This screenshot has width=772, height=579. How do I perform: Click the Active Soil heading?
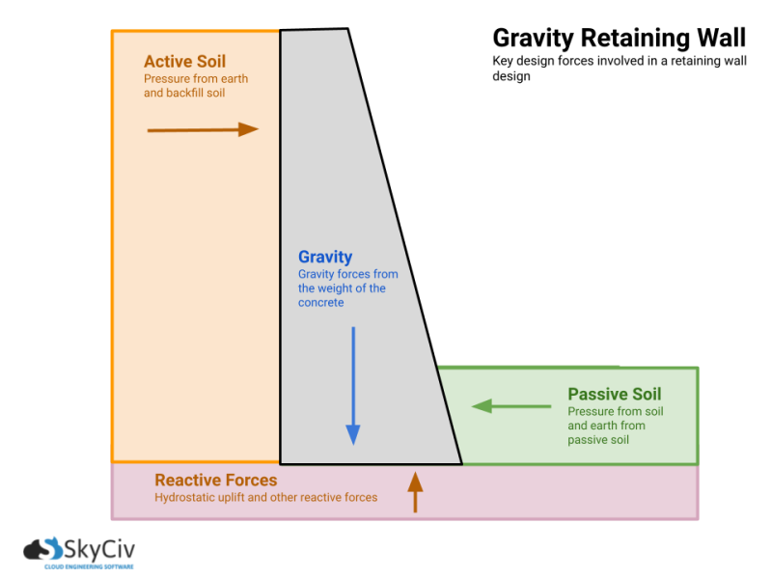click(184, 62)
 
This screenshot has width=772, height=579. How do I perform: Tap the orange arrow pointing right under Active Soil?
click(203, 129)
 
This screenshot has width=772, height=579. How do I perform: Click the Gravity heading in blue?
click(325, 257)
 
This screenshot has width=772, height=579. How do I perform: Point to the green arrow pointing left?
click(510, 406)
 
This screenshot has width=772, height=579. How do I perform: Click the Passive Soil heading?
click(614, 394)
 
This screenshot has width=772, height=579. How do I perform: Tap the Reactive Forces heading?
click(215, 480)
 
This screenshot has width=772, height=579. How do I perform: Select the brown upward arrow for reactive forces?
click(415, 491)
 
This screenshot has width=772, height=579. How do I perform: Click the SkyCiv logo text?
click(99, 551)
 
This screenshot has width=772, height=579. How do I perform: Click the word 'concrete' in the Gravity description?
click(320, 303)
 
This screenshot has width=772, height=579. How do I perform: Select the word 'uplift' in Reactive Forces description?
click(235, 498)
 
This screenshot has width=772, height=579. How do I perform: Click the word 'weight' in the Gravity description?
click(344, 289)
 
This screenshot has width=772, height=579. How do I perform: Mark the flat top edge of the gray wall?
click(314, 31)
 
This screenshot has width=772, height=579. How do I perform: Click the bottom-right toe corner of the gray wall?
click(460, 463)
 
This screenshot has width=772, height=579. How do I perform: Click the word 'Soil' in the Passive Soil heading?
click(644, 394)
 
